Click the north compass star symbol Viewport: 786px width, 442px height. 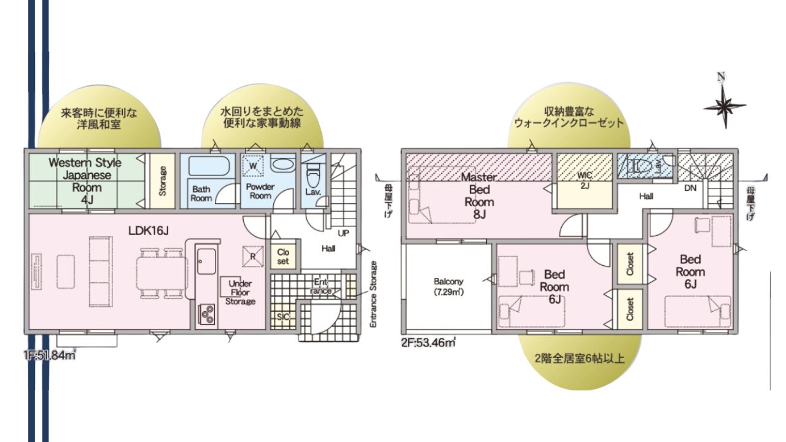click(725, 107)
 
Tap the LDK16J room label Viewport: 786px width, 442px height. click(148, 230)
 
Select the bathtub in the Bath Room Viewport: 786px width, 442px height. click(207, 166)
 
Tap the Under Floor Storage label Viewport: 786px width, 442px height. click(240, 292)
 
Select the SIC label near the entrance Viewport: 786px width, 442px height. click(283, 317)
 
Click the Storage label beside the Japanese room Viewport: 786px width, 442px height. click(163, 181)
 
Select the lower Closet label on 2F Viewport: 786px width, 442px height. click(630, 309)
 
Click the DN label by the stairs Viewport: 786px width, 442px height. click(690, 188)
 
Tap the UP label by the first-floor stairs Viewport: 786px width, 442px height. click(343, 233)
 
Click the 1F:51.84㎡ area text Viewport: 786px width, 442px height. click(50, 355)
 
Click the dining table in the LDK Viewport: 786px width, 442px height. click(162, 273)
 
